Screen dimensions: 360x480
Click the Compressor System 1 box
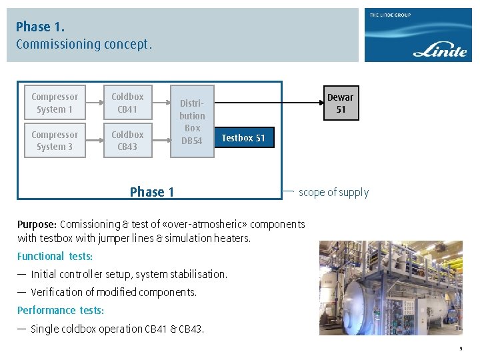tap(55, 103)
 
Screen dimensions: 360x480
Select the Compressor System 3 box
tap(55, 141)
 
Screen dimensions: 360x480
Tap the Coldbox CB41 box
tap(127, 103)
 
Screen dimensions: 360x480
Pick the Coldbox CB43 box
tap(127, 141)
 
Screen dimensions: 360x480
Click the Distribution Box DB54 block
tap(192, 121)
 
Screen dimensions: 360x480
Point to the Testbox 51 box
tap(243, 138)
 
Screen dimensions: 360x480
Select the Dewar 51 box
tap(340, 103)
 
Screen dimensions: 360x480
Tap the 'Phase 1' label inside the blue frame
tap(152, 192)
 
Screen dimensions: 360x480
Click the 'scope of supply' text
tap(333, 192)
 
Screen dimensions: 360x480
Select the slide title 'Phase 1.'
tap(40, 27)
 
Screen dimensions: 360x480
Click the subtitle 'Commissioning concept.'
tap(84, 45)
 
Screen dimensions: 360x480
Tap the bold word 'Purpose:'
tap(37, 224)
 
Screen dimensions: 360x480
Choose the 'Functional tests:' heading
tap(55, 256)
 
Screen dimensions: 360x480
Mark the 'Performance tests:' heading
tap(61, 310)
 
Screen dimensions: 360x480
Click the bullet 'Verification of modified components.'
tap(114, 292)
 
